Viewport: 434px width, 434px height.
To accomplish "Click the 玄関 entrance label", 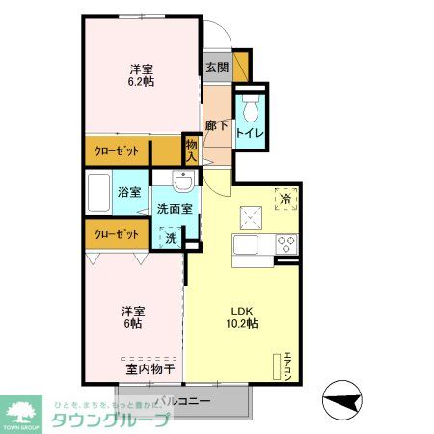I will (x=217, y=68).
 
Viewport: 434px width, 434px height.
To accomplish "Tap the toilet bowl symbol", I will (x=252, y=107).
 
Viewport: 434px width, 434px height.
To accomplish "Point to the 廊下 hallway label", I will (x=217, y=126).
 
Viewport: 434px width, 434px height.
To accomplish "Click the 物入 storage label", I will (x=191, y=150).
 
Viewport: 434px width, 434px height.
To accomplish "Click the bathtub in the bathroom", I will (x=96, y=193).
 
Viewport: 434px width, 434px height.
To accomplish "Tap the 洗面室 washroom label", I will (x=175, y=208).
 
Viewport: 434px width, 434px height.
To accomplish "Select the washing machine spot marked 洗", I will (x=170, y=236).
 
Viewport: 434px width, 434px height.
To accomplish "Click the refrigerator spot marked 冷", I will (x=285, y=199).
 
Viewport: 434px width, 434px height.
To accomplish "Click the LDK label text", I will (x=241, y=311).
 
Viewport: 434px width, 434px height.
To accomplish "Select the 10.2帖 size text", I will (x=241, y=325).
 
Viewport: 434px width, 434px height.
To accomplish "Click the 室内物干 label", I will (x=149, y=368).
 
